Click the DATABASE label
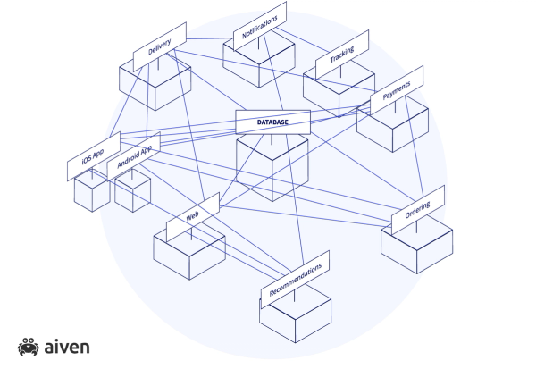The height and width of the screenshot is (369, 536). tap(272, 122)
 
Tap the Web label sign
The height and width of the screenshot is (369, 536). tap(192, 218)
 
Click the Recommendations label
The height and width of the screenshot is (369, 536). tap(295, 278)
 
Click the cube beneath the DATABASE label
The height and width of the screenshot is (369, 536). tap(272, 170)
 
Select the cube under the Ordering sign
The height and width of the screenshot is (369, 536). tap(416, 250)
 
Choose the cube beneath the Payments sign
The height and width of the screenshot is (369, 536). tap(392, 130)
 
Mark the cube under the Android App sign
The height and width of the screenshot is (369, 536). tap(132, 193)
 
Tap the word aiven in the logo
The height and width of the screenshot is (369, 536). tap(65, 346)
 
